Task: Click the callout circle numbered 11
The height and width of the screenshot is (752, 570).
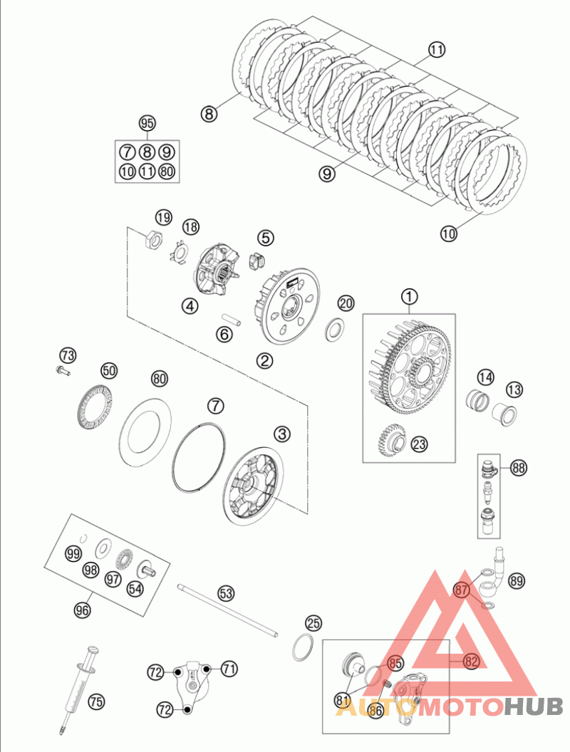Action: point(436,50)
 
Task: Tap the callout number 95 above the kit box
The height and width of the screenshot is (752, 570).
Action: point(147,123)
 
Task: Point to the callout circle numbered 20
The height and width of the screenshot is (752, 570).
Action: point(346,303)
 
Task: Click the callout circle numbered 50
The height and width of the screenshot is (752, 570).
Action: point(109,370)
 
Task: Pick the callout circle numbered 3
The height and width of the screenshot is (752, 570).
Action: point(283,433)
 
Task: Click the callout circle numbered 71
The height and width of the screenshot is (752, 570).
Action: point(229,669)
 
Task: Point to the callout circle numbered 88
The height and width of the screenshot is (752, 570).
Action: point(518,468)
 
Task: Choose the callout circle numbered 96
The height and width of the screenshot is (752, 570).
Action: point(83,609)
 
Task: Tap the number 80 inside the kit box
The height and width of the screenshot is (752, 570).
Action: point(167,171)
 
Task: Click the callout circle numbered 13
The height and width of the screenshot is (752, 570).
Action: point(514,390)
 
